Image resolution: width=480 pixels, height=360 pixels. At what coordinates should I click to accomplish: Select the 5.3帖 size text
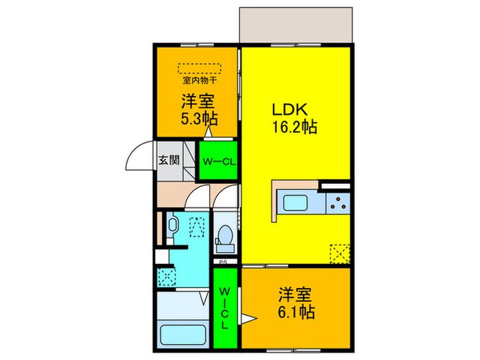[199, 117]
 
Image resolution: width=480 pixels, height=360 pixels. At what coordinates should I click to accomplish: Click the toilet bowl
[224, 237]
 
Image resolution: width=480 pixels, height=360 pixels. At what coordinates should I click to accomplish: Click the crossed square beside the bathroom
[166, 277]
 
